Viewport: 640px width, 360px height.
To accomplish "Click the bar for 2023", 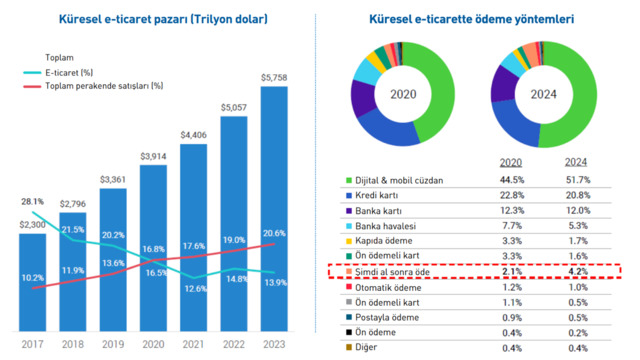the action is point(274,209).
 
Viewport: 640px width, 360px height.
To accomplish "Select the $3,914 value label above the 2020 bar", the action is point(153,156).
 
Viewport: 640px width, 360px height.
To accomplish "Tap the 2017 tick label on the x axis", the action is point(32,344).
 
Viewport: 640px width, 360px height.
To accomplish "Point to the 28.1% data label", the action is point(32,202).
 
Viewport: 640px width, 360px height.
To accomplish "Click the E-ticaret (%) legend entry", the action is point(58,73).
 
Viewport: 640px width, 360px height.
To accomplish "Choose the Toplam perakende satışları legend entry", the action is point(93,86).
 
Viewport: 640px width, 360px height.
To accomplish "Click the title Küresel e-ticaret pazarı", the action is point(163,19).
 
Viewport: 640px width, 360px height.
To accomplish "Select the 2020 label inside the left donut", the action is point(403,94).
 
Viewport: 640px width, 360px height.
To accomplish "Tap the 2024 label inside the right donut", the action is point(543,94).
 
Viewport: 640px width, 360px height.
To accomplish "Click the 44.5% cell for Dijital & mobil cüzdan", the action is point(512,180).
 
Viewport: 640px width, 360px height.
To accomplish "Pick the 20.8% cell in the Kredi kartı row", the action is point(578,195).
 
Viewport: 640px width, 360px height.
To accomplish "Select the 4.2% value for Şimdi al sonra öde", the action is point(578,271).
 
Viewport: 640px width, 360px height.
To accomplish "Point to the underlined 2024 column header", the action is point(576,162).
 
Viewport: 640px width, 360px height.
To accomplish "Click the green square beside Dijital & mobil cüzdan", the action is point(349,180).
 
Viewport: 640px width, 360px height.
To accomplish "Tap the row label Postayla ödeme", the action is point(387,318).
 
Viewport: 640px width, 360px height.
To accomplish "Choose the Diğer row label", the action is point(366,347).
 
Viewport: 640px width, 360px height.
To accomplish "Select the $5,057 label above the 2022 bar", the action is point(234,108).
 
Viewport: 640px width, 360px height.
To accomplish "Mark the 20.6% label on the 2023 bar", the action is point(274,233).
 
